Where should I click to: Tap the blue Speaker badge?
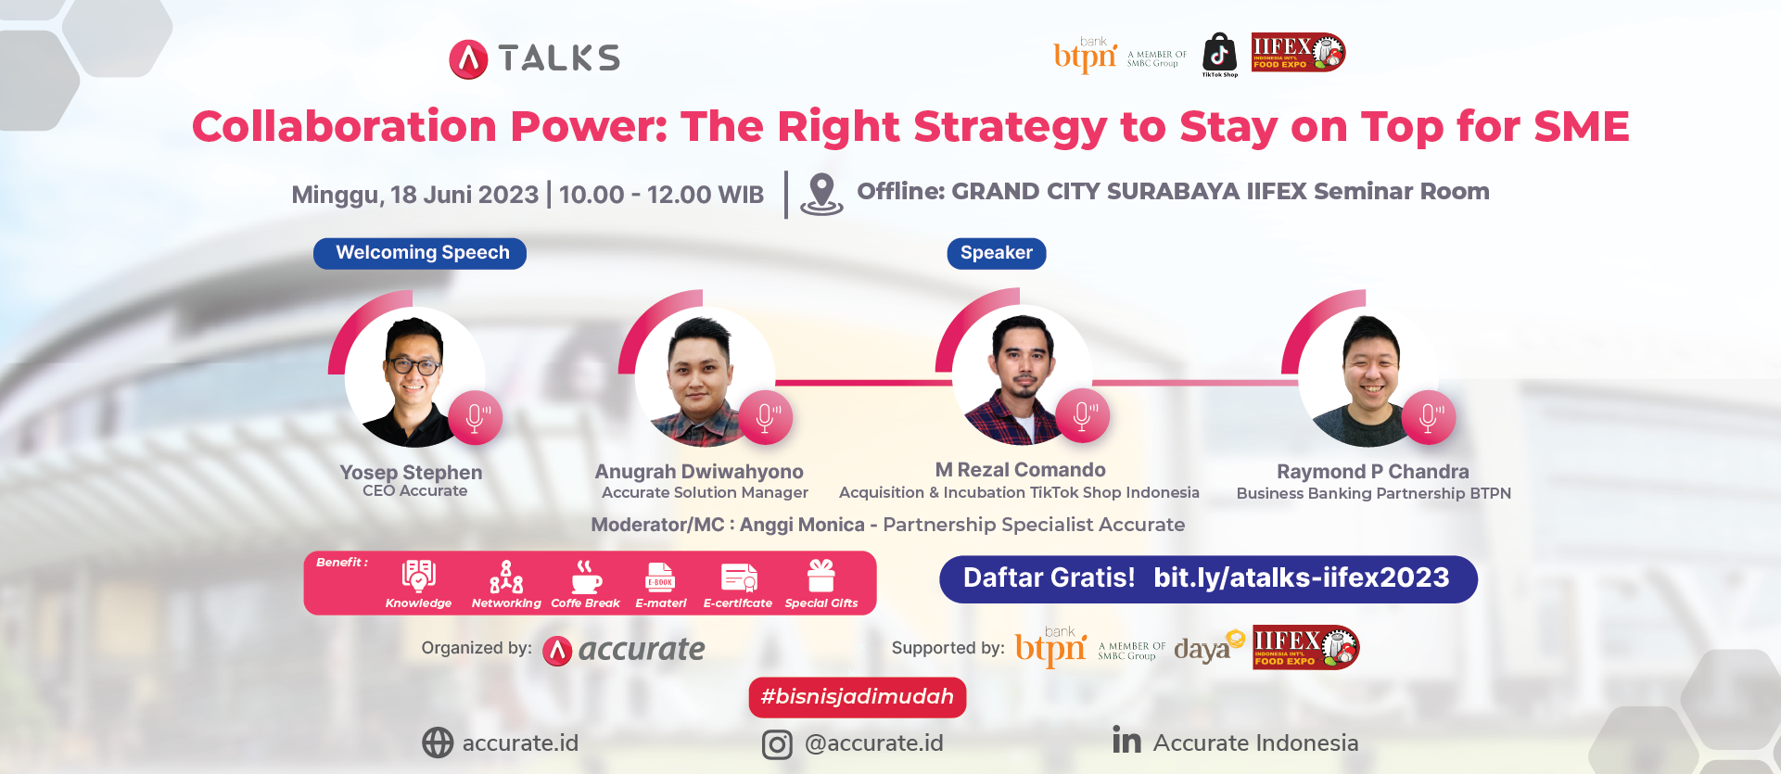997,253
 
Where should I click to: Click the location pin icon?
821,194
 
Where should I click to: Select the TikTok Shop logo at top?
1219,55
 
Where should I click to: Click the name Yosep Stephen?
411,473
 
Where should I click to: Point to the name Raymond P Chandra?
1372,472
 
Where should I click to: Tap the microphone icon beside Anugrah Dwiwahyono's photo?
766,418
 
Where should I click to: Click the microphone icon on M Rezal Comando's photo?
1082,415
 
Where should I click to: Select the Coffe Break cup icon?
586,577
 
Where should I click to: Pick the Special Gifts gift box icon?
821,576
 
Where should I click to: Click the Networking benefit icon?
506,577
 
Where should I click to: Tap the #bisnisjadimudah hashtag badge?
858,697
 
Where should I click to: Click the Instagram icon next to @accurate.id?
777,744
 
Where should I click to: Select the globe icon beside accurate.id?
438,742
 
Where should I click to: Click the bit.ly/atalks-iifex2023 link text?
1301,578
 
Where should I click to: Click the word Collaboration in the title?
345,127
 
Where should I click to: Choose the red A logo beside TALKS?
468,59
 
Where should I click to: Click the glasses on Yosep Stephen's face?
414,364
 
